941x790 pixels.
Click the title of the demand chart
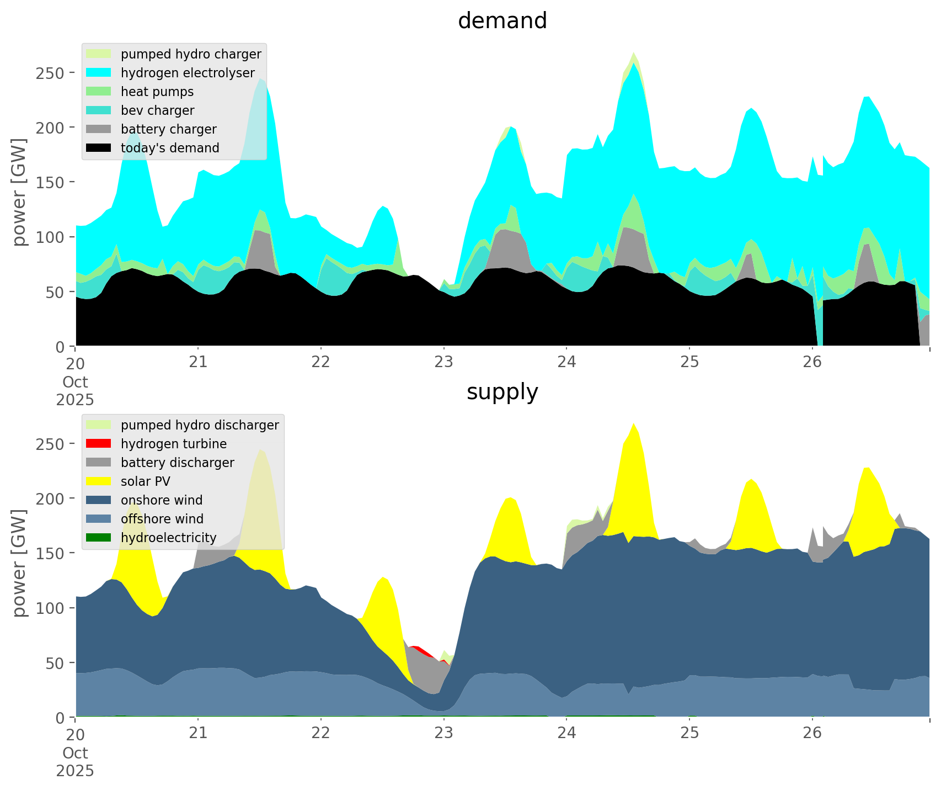click(x=502, y=21)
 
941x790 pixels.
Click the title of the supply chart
click(x=502, y=392)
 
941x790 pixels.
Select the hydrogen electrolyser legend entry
click(x=187, y=73)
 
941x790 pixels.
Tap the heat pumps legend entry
click(x=157, y=92)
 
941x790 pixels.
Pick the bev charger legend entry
click(x=157, y=110)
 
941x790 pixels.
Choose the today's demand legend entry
click(x=169, y=148)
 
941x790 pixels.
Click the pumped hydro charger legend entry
click(x=190, y=54)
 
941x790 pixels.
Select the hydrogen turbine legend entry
click(x=173, y=444)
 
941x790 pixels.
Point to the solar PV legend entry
click(x=145, y=481)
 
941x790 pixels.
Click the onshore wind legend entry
click(x=161, y=500)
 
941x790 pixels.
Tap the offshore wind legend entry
click(x=162, y=519)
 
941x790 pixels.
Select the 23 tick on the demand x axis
click(x=443, y=362)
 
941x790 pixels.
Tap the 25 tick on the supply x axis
click(x=689, y=733)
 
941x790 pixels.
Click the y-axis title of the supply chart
click(x=19, y=563)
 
